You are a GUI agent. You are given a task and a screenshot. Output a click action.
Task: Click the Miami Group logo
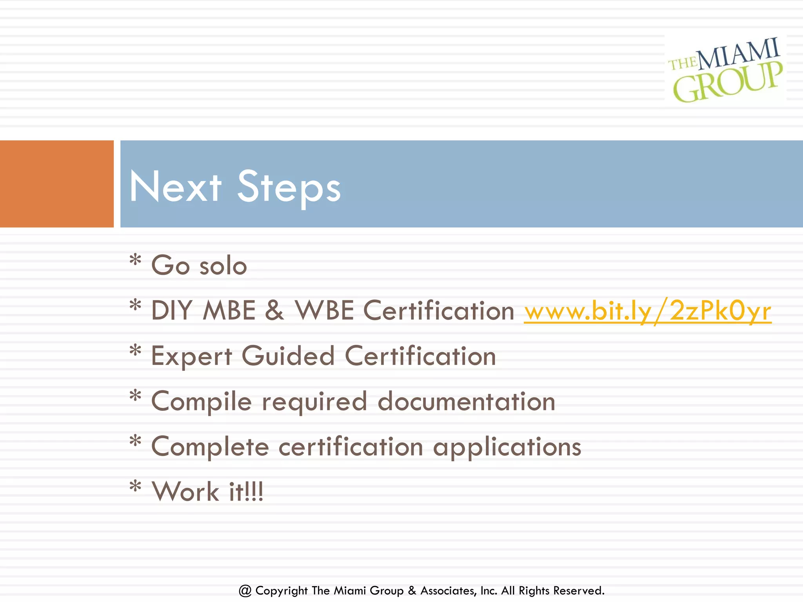pyautogui.click(x=726, y=70)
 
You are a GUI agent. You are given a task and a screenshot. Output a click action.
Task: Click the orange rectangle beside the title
pyautogui.click(x=56, y=184)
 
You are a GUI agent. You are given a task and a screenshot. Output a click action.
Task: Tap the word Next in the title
pyautogui.click(x=175, y=187)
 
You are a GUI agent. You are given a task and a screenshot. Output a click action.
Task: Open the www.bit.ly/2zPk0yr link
pyautogui.click(x=648, y=311)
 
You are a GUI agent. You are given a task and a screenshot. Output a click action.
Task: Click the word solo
pyautogui.click(x=223, y=266)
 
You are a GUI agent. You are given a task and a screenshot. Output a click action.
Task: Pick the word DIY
pyautogui.click(x=171, y=311)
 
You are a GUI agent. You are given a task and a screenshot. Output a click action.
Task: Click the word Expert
pyautogui.click(x=192, y=357)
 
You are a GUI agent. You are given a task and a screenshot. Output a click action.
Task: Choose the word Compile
pyautogui.click(x=201, y=402)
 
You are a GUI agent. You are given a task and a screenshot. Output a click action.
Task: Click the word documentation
pyautogui.click(x=466, y=401)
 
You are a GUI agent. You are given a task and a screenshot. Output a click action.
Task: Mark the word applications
pyautogui.click(x=507, y=448)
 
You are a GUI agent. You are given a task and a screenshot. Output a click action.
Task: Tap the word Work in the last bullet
pyautogui.click(x=185, y=491)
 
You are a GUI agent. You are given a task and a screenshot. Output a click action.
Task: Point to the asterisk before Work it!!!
pyautogui.click(x=135, y=486)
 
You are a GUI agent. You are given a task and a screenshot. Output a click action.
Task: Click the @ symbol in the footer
pyautogui.click(x=245, y=591)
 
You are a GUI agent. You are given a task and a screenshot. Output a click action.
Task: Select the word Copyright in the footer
pyautogui.click(x=282, y=591)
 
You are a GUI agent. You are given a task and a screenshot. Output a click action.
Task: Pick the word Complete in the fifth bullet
pyautogui.click(x=210, y=447)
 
